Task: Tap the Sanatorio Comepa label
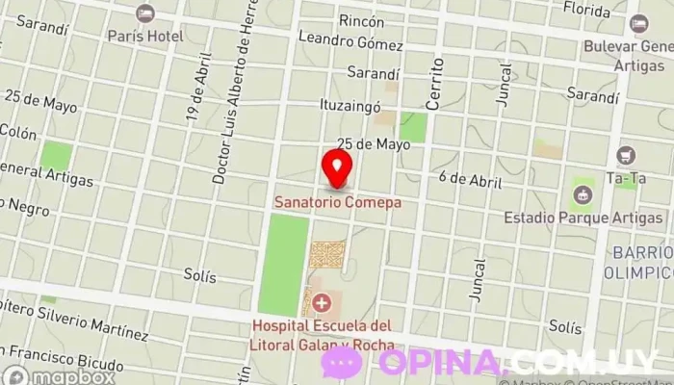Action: (x=337, y=203)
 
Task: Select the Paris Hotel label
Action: (x=144, y=36)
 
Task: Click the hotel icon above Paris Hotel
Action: (x=144, y=14)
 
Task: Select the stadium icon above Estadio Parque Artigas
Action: (x=582, y=195)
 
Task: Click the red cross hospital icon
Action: (x=321, y=302)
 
